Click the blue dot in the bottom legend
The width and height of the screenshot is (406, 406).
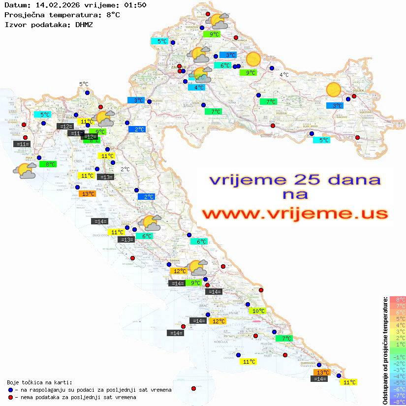tap(10, 390)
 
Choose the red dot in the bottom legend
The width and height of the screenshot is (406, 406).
tap(10, 397)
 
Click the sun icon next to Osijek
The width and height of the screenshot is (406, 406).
tap(334, 90)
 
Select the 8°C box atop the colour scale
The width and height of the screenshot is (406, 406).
tap(397, 299)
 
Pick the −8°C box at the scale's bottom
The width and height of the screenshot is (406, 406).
tap(397, 402)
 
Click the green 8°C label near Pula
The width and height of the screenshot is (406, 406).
tap(50, 164)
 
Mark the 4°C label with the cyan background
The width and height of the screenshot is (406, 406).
tap(198, 88)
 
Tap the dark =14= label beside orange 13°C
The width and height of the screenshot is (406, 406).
tap(320, 379)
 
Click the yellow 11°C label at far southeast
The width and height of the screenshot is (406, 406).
tap(349, 382)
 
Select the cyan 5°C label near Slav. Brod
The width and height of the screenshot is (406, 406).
tap(322, 140)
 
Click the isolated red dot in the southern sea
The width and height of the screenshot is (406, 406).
tap(193, 388)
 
